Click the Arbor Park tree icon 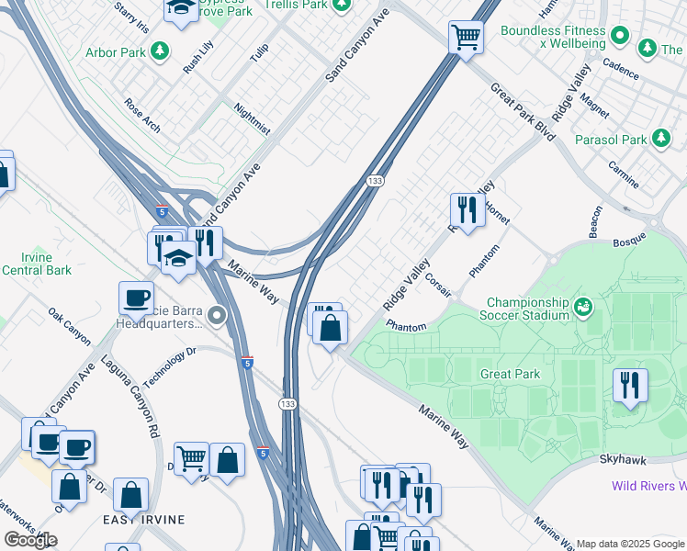pos(161,51)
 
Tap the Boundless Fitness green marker pos(620,37)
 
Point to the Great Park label pos(510,375)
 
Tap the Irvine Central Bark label pos(37,264)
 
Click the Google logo pos(30,540)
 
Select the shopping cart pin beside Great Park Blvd pos(466,39)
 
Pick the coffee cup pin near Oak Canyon pos(136,298)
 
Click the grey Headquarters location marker pos(217,317)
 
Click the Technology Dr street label pos(170,366)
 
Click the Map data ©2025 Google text pos(631,544)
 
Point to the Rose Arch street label pos(142,115)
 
